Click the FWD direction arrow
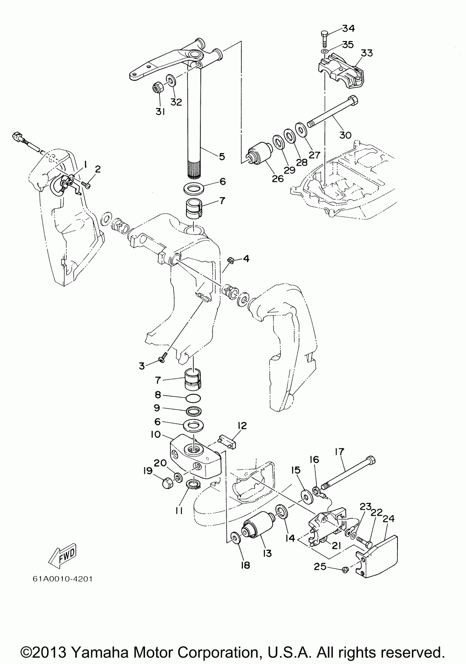point(62,556)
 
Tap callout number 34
point(348,29)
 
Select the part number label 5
point(222,156)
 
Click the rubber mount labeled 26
point(258,156)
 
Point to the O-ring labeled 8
point(193,398)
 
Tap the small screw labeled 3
point(162,358)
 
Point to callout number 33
point(367,53)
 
